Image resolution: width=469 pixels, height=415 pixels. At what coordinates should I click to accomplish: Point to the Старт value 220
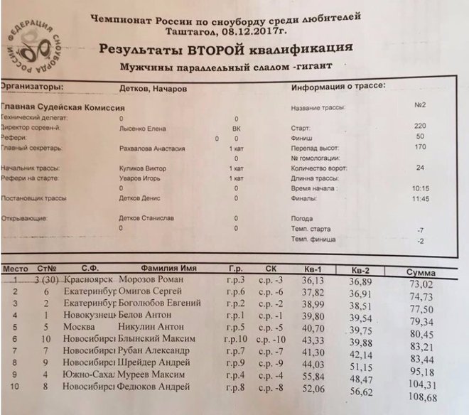click(x=420, y=126)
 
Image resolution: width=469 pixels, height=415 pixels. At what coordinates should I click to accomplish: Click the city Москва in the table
click(x=77, y=328)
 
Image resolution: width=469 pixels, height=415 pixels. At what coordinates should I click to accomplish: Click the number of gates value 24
click(x=420, y=168)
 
